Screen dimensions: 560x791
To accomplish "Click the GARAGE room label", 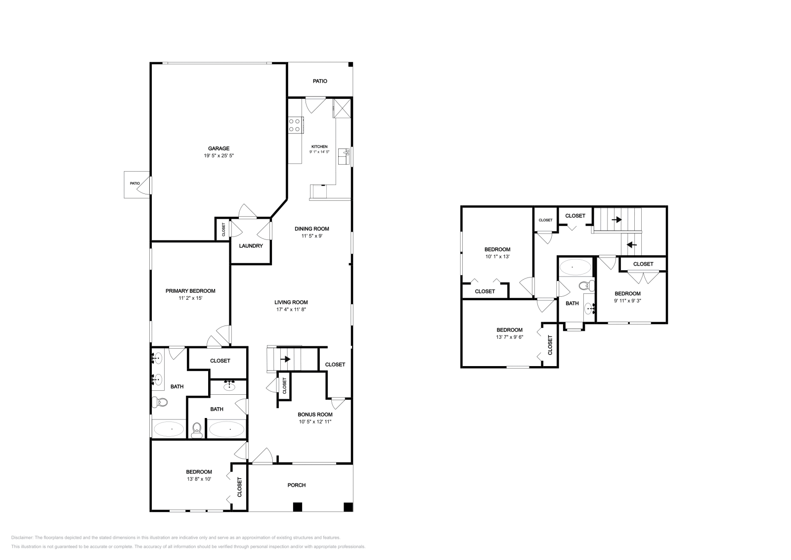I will (219, 148).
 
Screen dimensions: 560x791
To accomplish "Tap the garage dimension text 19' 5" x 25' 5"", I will (219, 155).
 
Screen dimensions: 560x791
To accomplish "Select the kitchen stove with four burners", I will (295, 125).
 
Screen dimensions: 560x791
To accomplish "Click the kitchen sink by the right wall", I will (344, 156).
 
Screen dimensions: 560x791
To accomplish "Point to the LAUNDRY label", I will (251, 246).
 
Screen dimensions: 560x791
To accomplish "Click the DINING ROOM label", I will (311, 229).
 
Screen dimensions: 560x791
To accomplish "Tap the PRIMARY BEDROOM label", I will (190, 291).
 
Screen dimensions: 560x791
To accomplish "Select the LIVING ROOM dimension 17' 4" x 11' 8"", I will (291, 310).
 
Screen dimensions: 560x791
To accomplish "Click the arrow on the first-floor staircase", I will (285, 359).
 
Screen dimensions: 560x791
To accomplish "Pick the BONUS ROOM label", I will (315, 415).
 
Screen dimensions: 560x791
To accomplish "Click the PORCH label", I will (297, 485).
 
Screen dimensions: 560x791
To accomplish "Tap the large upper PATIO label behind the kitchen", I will (320, 81).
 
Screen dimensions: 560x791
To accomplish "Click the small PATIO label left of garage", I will (134, 183).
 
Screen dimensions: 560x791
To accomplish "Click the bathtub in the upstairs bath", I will (574, 268).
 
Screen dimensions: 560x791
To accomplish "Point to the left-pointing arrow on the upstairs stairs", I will (631, 244).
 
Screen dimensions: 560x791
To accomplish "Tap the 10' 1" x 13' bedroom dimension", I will (497, 257).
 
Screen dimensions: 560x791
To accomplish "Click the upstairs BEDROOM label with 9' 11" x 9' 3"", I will (627, 293).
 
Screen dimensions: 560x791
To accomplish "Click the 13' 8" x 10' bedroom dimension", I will (199, 479).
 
